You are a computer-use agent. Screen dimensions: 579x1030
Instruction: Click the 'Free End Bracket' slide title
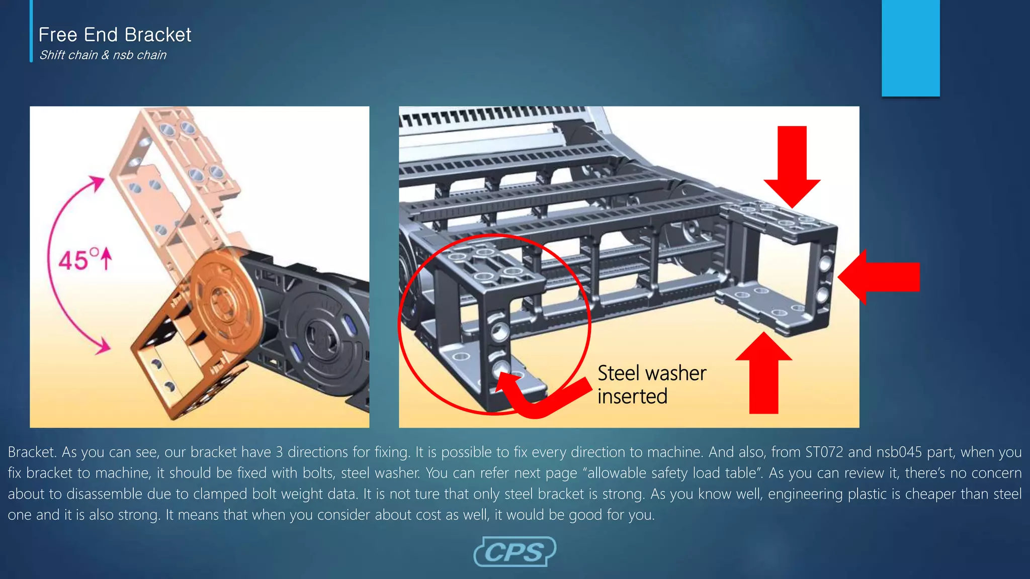tap(115, 35)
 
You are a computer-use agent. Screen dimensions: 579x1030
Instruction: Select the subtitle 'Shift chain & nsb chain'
tap(103, 55)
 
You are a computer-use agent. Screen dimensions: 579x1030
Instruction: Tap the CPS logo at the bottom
tap(514, 552)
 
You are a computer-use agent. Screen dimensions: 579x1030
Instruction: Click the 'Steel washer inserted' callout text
tap(651, 384)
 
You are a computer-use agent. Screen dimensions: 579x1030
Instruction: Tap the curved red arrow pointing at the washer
tap(538, 397)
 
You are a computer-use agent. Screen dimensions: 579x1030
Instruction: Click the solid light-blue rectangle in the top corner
tap(910, 48)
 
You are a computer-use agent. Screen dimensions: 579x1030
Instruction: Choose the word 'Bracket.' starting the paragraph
tap(32, 452)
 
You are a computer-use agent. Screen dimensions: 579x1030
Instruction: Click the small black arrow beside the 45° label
tap(106, 259)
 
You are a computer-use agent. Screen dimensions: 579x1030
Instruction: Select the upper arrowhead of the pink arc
tap(97, 183)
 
